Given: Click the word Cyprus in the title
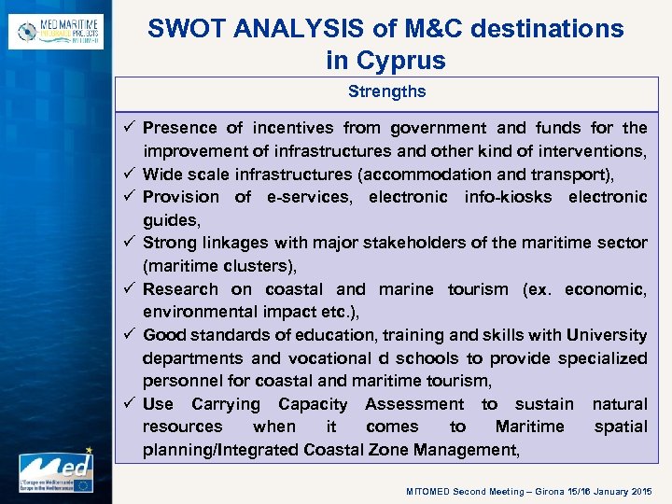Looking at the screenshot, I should (399, 62).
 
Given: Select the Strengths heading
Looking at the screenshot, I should (386, 91).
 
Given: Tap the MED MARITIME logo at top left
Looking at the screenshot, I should (55, 32).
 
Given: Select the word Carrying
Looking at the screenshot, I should (226, 404).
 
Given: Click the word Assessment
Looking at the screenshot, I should (414, 404).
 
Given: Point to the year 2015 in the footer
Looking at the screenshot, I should (643, 491).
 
